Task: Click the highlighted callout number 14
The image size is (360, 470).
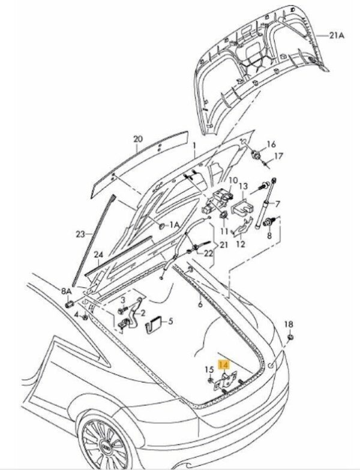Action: (x=224, y=364)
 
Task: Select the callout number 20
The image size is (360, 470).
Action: (x=137, y=140)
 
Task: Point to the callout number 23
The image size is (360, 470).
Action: (x=80, y=234)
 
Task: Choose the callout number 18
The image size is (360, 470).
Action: (x=289, y=324)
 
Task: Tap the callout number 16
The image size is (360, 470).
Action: (x=271, y=144)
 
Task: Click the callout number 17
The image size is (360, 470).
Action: (x=278, y=156)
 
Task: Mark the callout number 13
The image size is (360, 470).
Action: (x=243, y=186)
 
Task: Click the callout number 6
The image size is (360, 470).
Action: (x=201, y=305)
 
